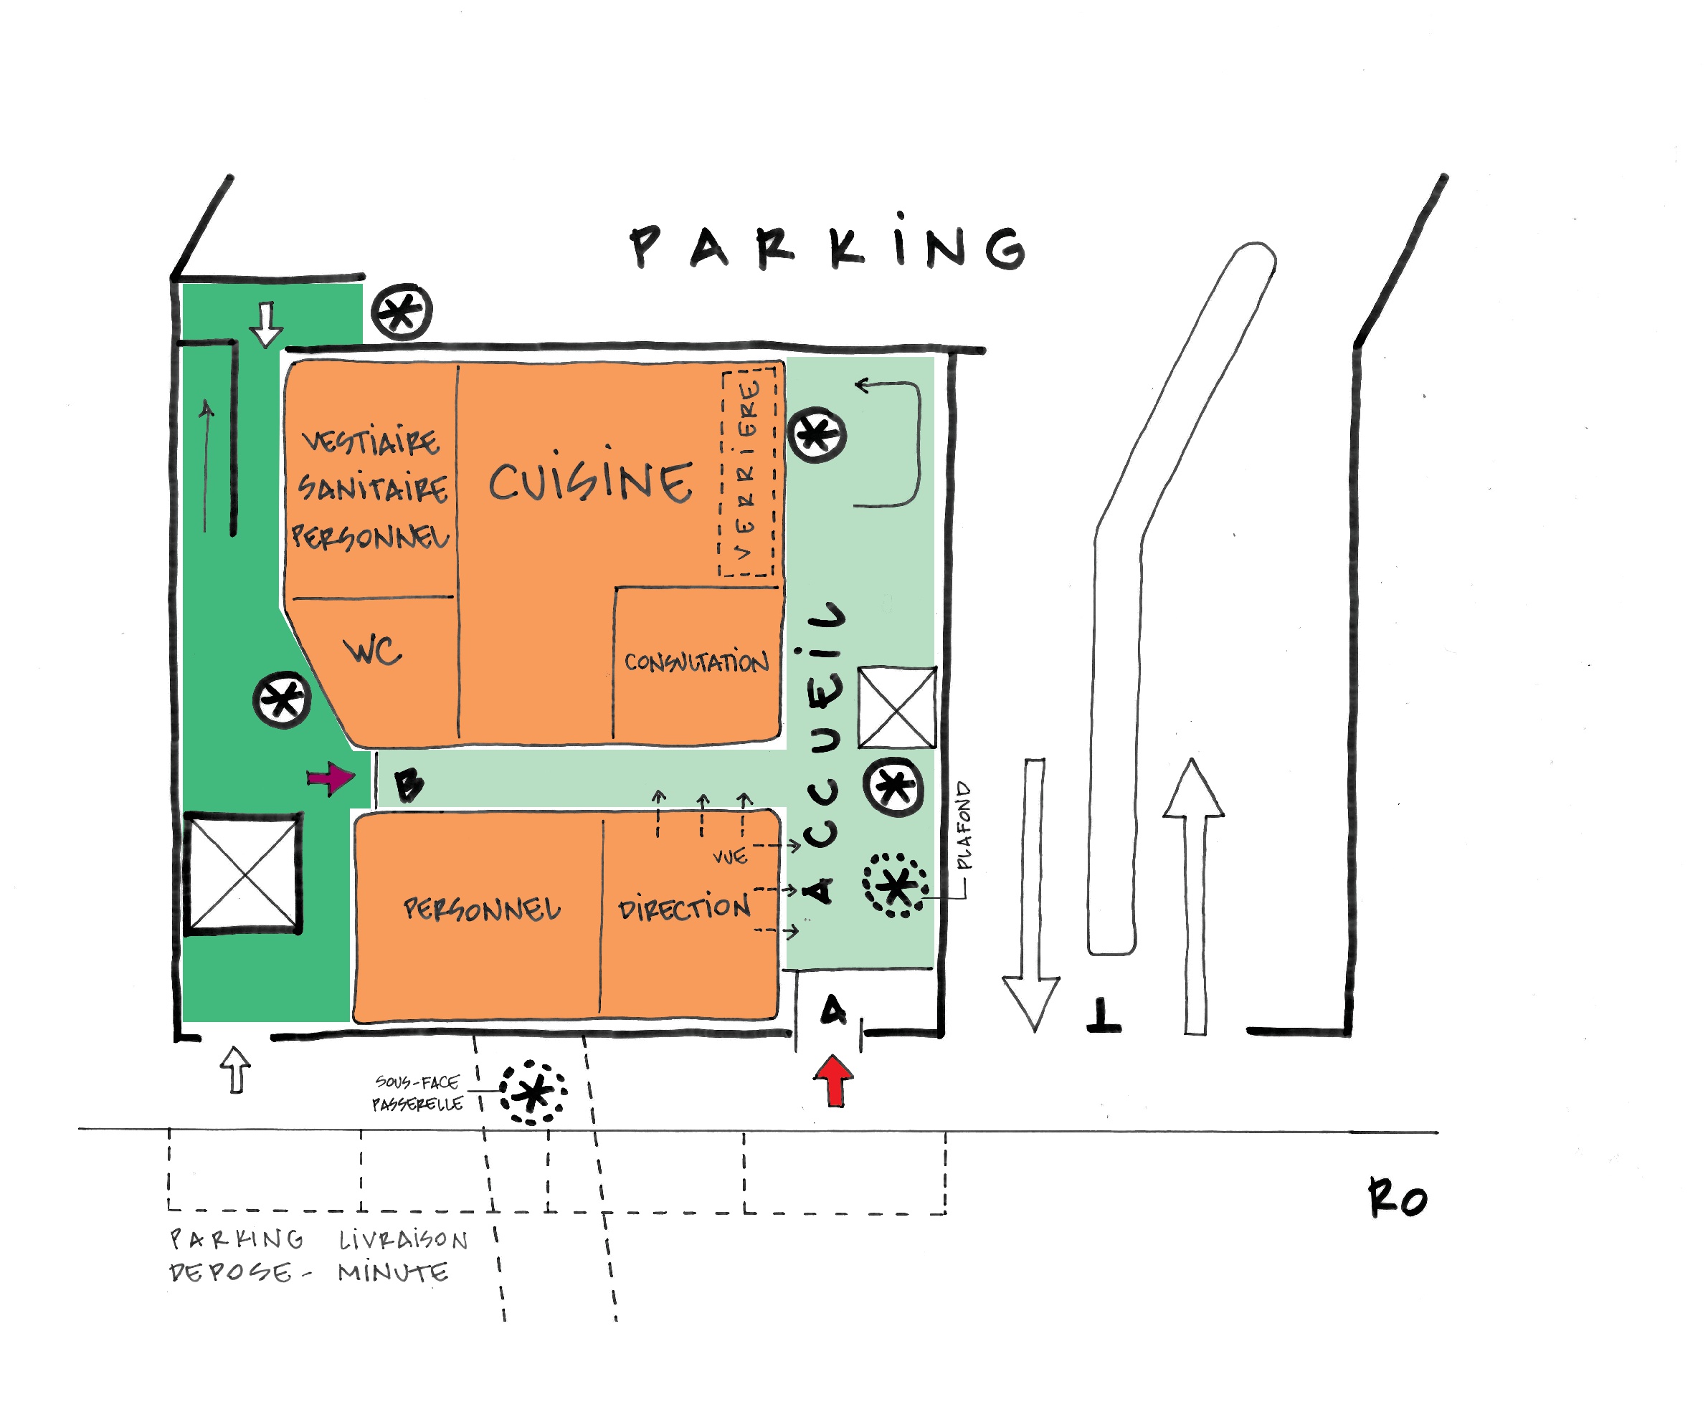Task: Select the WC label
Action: (x=374, y=652)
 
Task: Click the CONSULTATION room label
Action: (x=696, y=661)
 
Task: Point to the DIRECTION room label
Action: (x=684, y=907)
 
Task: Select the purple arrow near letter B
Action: (x=331, y=778)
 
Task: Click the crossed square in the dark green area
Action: (x=243, y=874)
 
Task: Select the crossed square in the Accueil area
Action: (x=897, y=707)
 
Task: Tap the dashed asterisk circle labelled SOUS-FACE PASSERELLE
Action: (x=533, y=1092)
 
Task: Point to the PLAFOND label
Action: (x=964, y=825)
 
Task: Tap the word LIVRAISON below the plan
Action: (x=404, y=1240)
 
